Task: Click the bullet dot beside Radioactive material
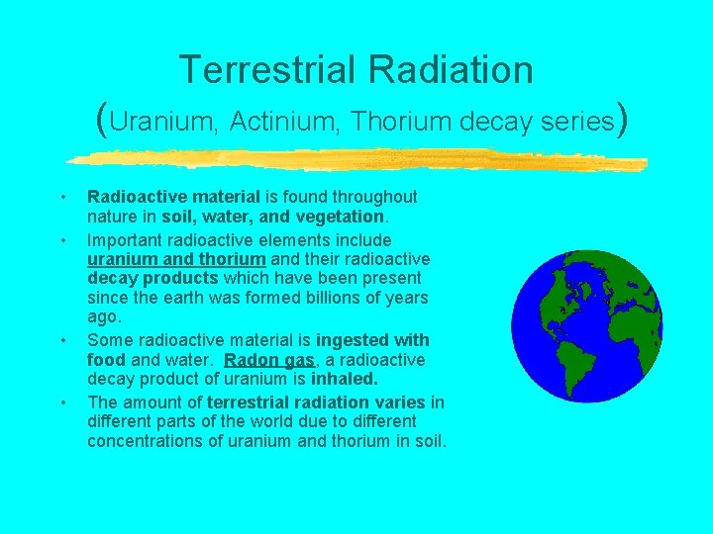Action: tap(62, 197)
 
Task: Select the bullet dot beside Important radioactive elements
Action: tap(62, 240)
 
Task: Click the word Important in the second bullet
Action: tap(128, 240)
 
